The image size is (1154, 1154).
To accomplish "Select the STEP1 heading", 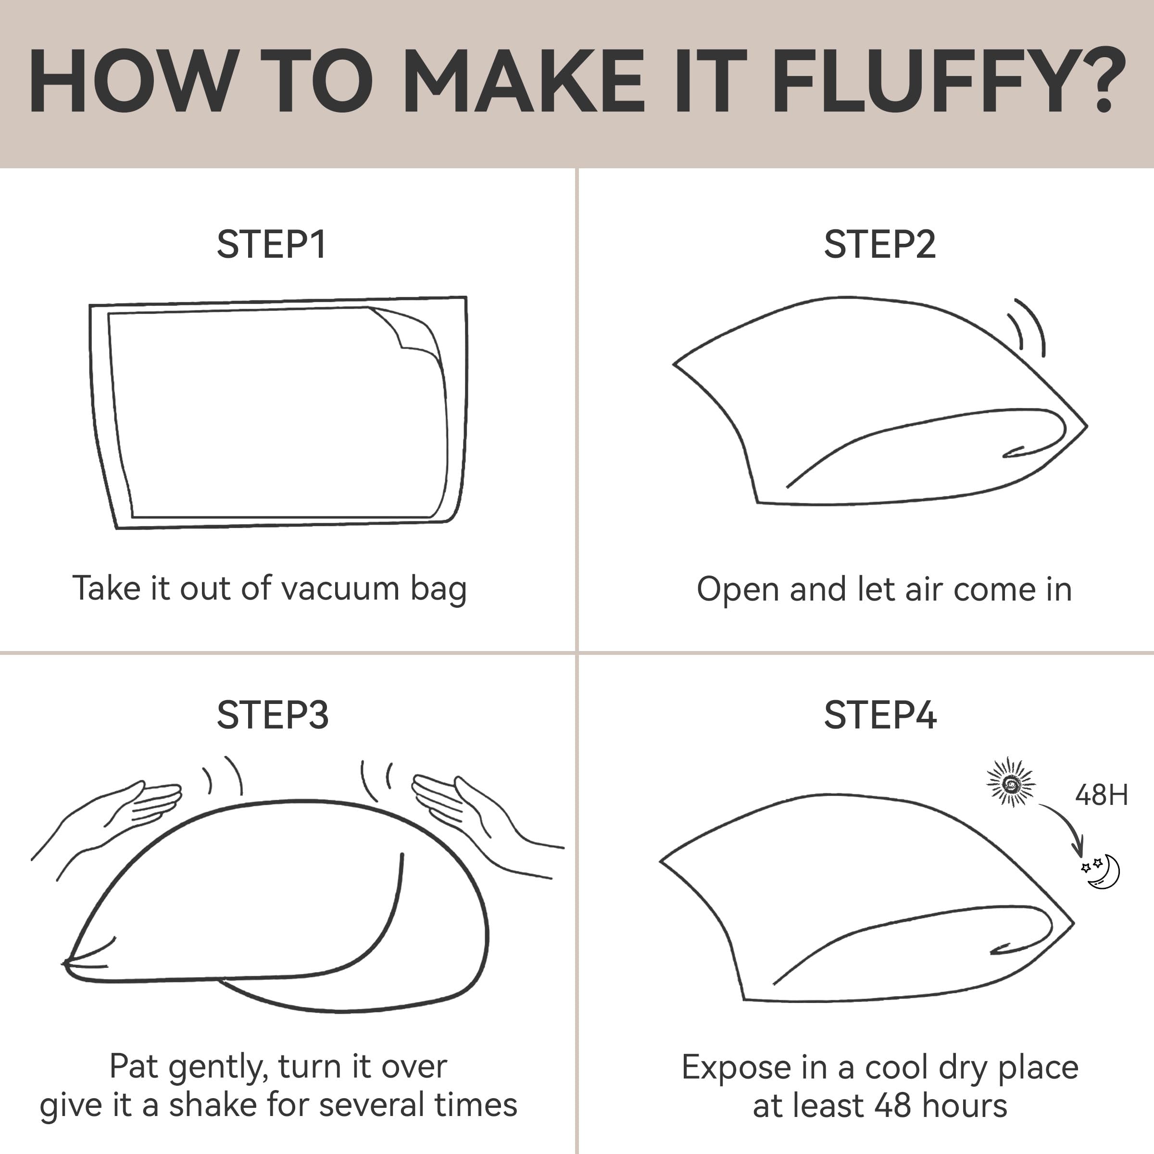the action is [x=272, y=244].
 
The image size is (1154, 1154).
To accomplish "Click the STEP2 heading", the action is [x=880, y=244].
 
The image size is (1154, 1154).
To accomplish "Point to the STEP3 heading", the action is [x=272, y=715].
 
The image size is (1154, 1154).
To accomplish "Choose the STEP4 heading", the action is [x=880, y=715].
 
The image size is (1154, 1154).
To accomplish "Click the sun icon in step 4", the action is [x=1011, y=782].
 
